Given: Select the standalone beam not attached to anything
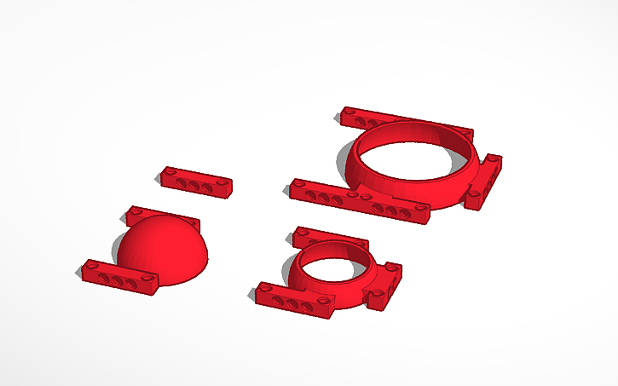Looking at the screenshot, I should (195, 181).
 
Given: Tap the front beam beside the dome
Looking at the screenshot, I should (120, 278).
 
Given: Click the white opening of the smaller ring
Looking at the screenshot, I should (332, 267).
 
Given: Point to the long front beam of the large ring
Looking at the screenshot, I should (358, 201).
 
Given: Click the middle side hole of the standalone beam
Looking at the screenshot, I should (193, 185).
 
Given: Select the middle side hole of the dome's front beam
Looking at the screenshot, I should (117, 279).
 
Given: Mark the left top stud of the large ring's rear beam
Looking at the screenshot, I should (347, 111).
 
